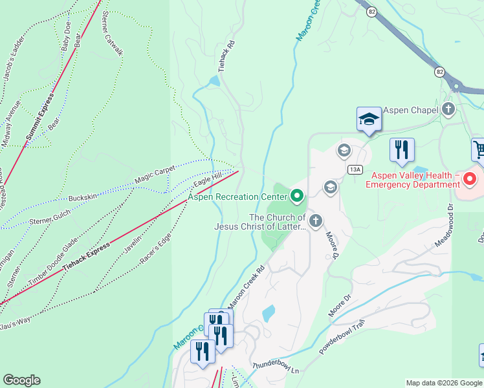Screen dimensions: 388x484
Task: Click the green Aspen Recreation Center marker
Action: (x=298, y=195)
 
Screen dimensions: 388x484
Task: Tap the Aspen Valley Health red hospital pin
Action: (x=470, y=177)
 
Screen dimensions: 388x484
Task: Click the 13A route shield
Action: (x=354, y=169)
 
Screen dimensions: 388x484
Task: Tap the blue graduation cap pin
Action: (x=369, y=119)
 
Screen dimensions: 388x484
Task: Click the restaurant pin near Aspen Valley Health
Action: (x=401, y=150)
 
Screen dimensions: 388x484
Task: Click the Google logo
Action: (x=21, y=380)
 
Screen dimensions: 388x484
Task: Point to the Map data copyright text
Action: (x=445, y=383)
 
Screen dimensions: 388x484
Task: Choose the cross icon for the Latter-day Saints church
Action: (x=315, y=221)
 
